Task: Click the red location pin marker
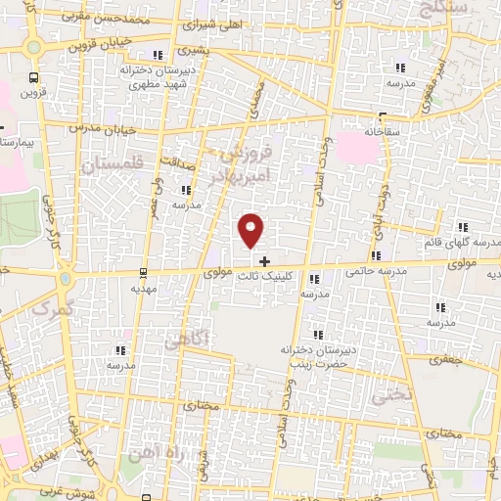252,230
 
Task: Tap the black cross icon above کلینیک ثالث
263,260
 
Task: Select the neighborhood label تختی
385,395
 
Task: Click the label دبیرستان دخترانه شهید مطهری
162,77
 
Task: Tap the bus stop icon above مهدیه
144,273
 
